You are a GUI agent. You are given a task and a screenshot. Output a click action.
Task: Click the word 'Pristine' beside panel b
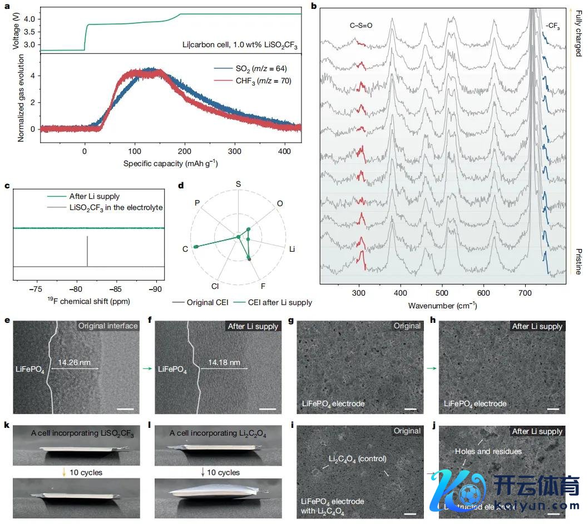[x=578, y=261]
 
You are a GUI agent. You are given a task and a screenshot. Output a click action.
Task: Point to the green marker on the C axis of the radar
[x=196, y=246]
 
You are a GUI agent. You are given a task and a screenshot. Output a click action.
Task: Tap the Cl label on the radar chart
[x=215, y=286]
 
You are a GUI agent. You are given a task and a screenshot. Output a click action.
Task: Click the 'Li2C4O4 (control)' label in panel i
[x=357, y=458]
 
